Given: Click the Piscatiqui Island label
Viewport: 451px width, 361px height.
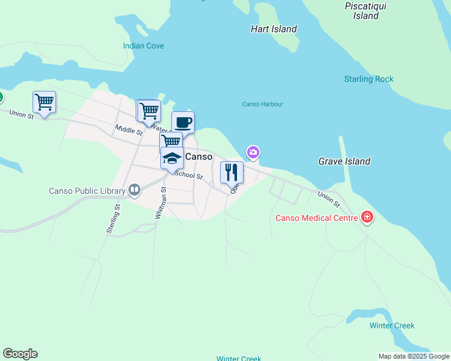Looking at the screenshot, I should (x=365, y=11).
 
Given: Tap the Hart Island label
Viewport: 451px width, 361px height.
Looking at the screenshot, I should (x=274, y=29).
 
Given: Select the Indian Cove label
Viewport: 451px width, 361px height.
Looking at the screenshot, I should (x=143, y=46).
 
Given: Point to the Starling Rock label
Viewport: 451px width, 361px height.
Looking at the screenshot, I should (x=368, y=79).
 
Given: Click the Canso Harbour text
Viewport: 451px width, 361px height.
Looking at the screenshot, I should (x=262, y=104).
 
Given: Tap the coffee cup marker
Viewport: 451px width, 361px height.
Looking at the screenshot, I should (x=183, y=123).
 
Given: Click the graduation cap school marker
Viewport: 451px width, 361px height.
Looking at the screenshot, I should (x=172, y=158).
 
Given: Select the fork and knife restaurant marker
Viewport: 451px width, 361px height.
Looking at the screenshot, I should (x=232, y=173).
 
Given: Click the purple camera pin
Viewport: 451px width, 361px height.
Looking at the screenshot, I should (x=253, y=152).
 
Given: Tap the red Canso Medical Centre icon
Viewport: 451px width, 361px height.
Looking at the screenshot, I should (x=367, y=217).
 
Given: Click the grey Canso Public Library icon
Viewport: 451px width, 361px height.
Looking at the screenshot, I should (x=134, y=191).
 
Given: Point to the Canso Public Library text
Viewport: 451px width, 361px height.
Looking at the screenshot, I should (x=87, y=191).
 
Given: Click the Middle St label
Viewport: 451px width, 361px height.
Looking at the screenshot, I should (x=128, y=129).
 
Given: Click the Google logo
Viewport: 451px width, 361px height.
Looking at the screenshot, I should (x=20, y=354).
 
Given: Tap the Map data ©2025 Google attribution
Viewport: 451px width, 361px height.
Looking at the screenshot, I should (x=414, y=356).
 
